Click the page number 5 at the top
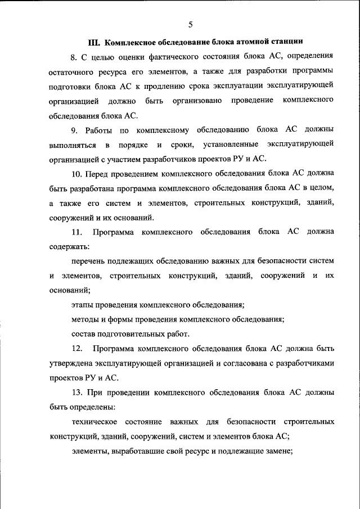click(x=190, y=24)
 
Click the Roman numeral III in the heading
click(x=93, y=41)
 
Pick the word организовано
click(x=196, y=101)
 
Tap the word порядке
click(x=134, y=145)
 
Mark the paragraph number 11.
click(x=77, y=232)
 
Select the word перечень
click(x=88, y=261)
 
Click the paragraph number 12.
click(x=77, y=349)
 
